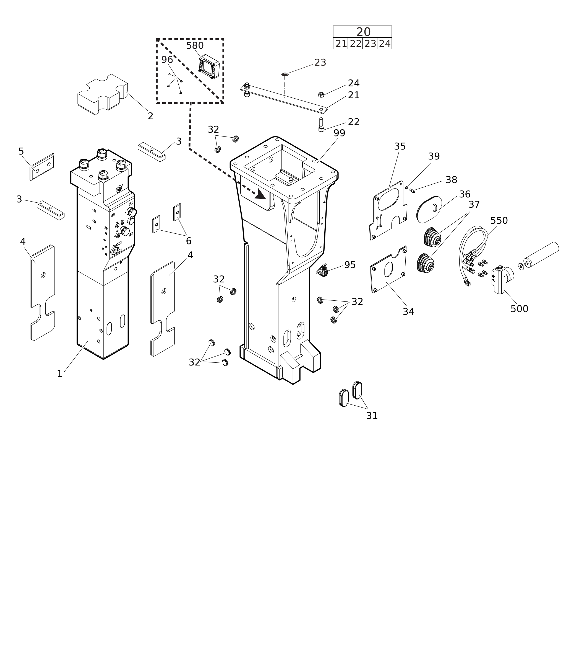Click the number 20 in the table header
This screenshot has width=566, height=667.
[363, 32]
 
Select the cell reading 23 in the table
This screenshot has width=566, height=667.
[370, 44]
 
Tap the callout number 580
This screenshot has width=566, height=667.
[195, 46]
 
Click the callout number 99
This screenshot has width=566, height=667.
[339, 133]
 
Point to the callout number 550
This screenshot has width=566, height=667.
[499, 221]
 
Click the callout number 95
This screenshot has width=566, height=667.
[350, 265]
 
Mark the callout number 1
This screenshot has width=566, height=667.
[59, 374]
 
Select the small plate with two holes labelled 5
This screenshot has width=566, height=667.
[42, 166]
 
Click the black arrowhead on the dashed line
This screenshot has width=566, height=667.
[260, 194]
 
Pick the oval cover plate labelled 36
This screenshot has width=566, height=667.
[429, 210]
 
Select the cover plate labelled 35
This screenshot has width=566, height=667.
[388, 210]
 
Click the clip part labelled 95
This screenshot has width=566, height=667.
[322, 271]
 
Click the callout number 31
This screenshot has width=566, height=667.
[372, 416]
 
